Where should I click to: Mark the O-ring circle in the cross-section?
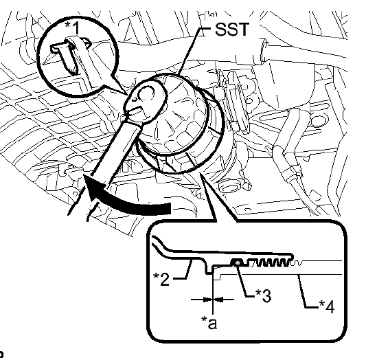coord(236,262)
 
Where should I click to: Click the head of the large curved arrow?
coord(88,182)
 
